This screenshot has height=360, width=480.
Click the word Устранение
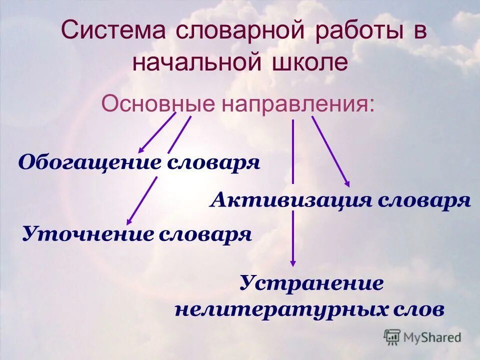click(311, 283)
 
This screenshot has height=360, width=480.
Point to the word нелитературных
click(278, 309)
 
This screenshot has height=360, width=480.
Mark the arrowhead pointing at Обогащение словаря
click(141, 148)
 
